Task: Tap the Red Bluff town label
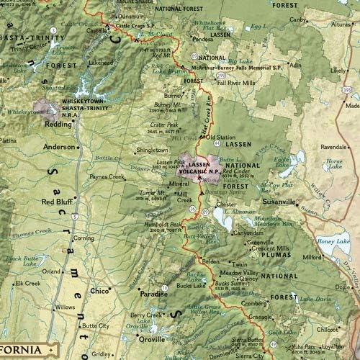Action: (x=56, y=202)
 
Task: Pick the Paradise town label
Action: (x=153, y=294)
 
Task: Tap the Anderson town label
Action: (x=59, y=146)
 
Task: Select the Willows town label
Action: (x=65, y=307)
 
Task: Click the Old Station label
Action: (x=221, y=137)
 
